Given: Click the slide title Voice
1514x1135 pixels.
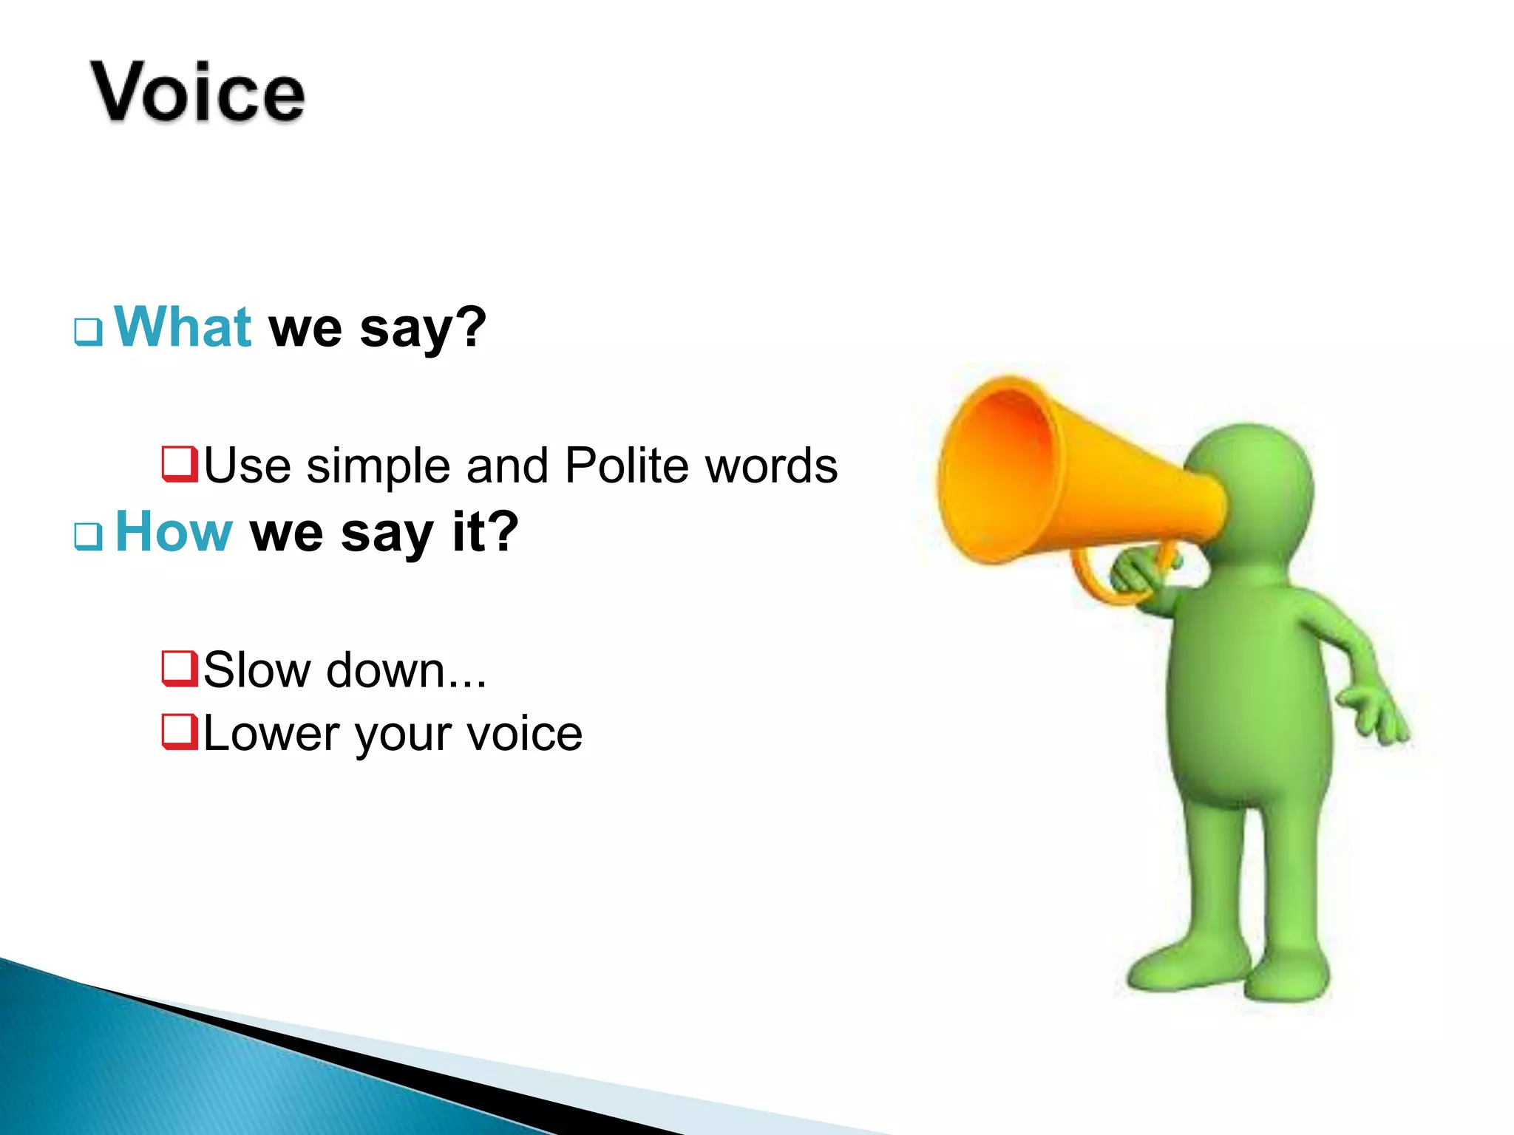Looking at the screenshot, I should [197, 92].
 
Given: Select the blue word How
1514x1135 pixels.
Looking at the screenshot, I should [174, 531].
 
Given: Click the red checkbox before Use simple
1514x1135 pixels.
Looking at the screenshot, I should [180, 464].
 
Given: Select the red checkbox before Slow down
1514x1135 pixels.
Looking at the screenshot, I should [180, 668].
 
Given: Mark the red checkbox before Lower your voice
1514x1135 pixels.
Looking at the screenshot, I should [180, 732].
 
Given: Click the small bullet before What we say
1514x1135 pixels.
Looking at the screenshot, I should [88, 332].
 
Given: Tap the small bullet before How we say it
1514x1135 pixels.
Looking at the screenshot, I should [88, 536].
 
